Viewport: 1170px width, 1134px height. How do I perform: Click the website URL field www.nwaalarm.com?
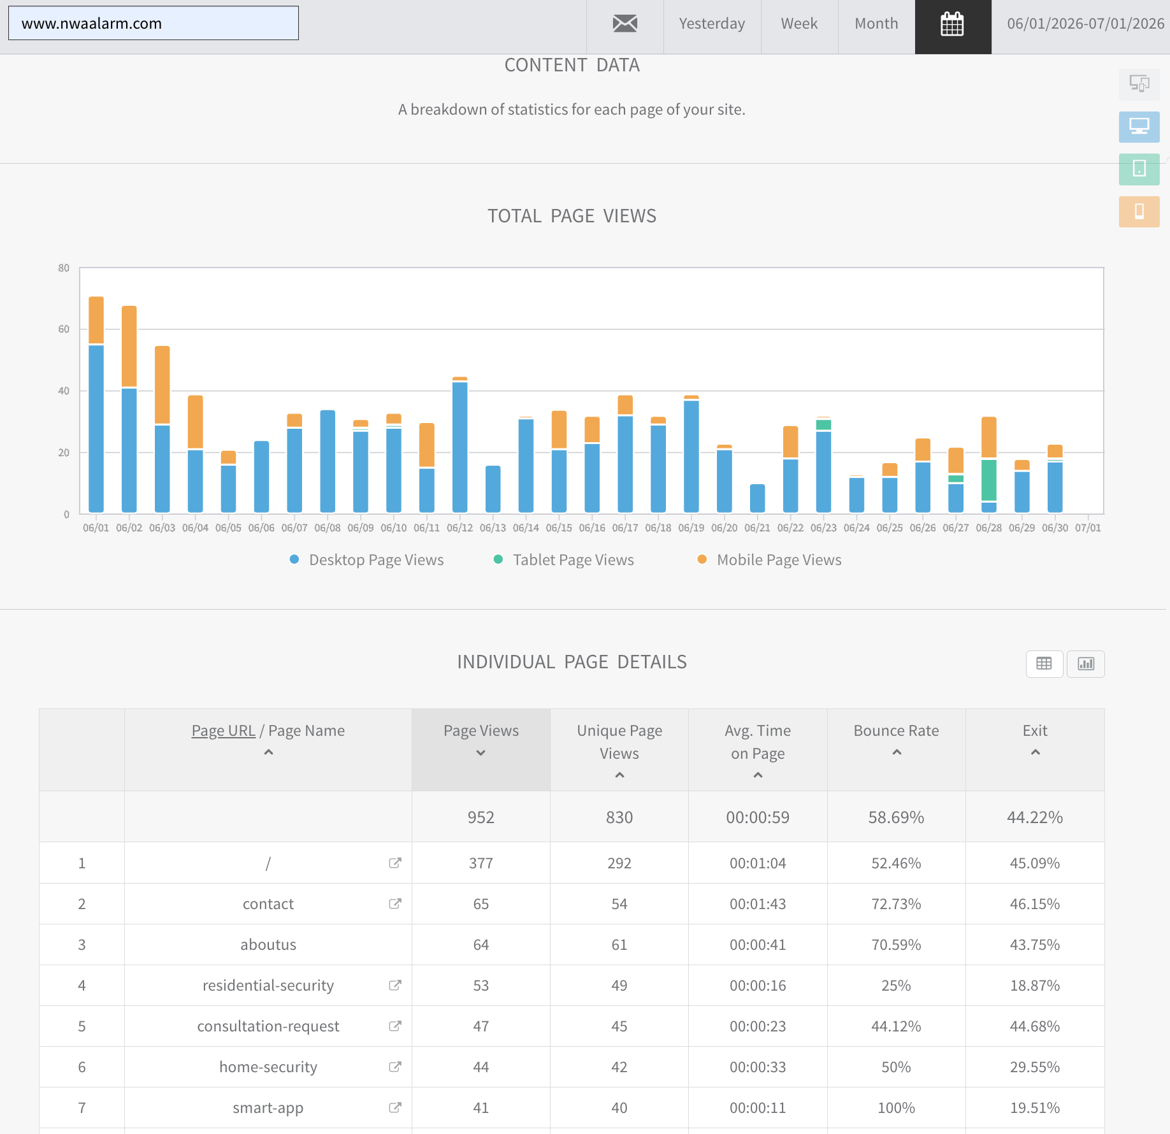[153, 24]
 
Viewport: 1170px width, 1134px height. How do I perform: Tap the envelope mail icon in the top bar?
[625, 24]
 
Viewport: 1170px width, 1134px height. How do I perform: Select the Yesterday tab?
[712, 24]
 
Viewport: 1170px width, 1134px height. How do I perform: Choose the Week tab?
[799, 24]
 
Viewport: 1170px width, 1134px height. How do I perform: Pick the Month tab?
[876, 24]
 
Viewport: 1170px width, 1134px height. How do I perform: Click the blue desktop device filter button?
[1139, 127]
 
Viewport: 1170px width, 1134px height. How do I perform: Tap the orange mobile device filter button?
[1139, 212]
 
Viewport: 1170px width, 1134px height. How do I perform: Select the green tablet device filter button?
[1139, 169]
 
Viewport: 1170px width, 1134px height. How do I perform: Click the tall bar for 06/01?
[96, 405]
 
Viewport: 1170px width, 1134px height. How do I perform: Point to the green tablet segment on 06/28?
[989, 480]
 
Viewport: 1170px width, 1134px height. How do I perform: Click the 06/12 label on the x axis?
[459, 528]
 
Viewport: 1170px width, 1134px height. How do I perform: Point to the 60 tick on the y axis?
[64, 329]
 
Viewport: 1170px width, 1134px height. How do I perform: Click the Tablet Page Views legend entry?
[564, 560]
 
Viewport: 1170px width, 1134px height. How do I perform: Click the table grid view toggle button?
[1044, 664]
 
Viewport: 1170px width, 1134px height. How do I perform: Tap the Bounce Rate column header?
[896, 731]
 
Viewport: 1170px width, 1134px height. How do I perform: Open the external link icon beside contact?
[395, 903]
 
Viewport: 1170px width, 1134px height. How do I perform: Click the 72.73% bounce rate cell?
[896, 904]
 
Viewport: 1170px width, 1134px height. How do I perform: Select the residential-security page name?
[268, 986]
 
